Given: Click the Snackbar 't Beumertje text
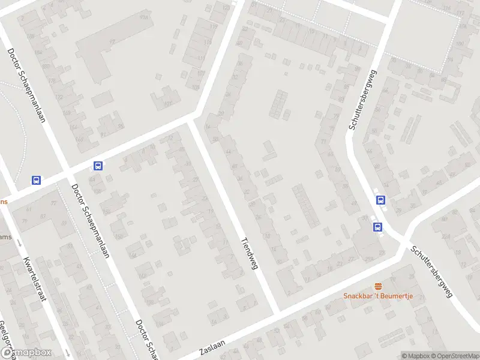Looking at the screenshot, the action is [378, 296].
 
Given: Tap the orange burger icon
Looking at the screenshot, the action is [378, 286].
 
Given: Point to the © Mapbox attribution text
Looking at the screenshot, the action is [415, 356].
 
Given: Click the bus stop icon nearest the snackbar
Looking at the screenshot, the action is [378, 227].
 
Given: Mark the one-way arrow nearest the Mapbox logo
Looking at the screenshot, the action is [68, 352].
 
